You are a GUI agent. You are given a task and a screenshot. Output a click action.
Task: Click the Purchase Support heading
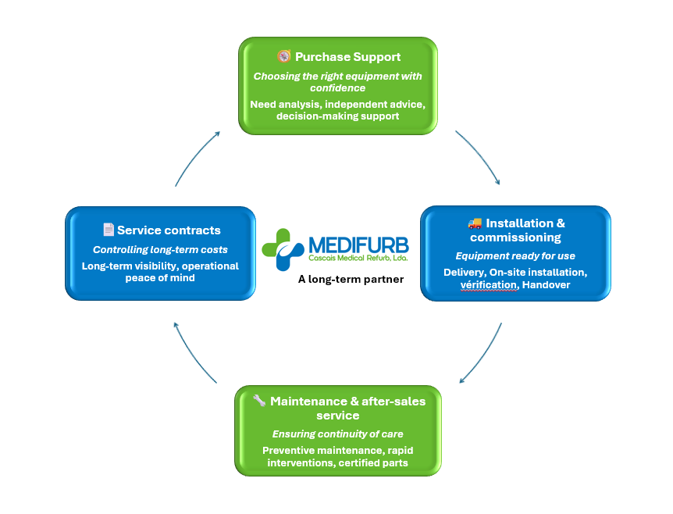click(x=347, y=57)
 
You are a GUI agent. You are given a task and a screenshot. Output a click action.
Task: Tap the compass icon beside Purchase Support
click(x=284, y=56)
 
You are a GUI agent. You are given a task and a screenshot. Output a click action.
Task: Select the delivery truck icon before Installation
click(x=475, y=224)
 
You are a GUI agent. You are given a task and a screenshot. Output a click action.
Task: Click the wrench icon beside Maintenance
click(x=259, y=401)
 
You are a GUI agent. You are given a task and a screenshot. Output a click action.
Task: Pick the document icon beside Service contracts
click(x=109, y=230)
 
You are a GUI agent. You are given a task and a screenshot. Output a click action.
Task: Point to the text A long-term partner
click(x=351, y=279)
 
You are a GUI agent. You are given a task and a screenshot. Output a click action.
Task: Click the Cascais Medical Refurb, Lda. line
click(x=358, y=257)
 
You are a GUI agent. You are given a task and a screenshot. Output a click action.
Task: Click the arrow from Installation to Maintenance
click(x=482, y=354)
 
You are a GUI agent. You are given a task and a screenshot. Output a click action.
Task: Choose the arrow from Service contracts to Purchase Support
click(x=196, y=158)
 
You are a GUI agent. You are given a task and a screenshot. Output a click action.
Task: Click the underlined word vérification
click(x=488, y=285)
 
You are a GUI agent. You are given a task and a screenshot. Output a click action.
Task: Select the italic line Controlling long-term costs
click(x=160, y=250)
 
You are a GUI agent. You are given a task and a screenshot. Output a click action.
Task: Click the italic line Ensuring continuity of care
click(x=337, y=434)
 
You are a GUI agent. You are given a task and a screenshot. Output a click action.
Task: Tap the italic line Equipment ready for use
click(x=515, y=255)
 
